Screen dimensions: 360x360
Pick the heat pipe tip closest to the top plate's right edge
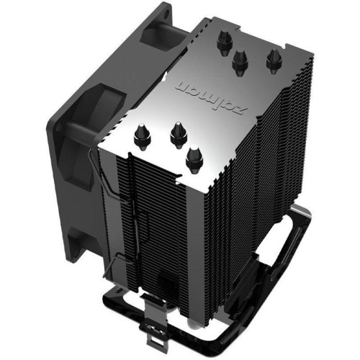pos(274,59)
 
